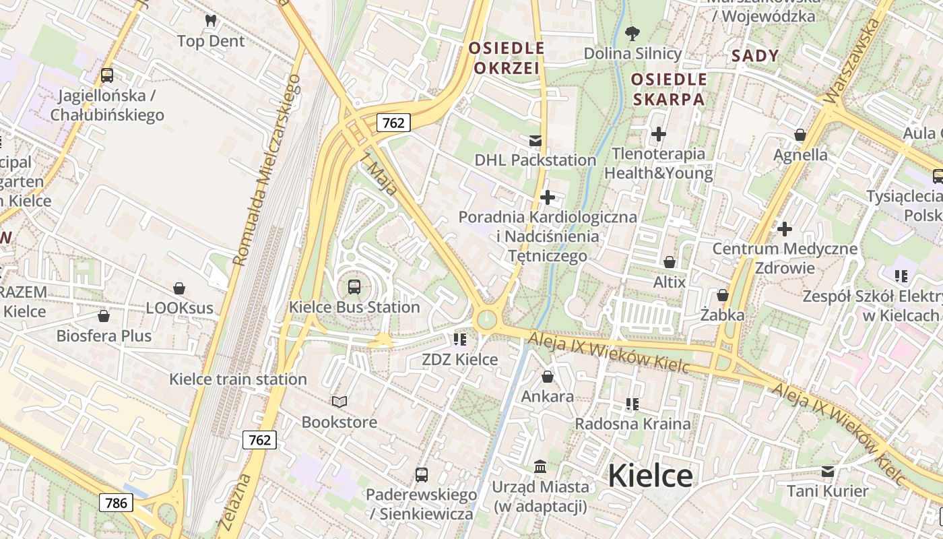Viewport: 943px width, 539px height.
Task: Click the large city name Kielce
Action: (650, 476)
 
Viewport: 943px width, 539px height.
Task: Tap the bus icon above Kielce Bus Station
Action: (354, 287)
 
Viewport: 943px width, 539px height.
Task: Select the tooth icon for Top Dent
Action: (211, 21)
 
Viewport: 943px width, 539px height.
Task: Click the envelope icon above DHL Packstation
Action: (535, 141)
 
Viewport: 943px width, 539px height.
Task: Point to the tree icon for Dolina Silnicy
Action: (632, 32)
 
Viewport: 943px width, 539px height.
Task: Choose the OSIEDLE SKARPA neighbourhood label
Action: (668, 90)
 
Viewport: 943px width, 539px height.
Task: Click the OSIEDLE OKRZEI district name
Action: (507, 58)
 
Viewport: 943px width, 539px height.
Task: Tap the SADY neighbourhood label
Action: (755, 56)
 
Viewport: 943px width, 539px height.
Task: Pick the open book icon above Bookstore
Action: (339, 402)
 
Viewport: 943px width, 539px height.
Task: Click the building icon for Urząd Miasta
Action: (540, 466)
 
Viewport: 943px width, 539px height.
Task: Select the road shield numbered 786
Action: (116, 502)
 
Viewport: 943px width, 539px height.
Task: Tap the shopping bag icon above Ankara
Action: (548, 377)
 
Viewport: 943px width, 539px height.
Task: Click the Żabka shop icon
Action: (723, 295)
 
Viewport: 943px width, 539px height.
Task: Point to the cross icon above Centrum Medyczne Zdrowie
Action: (785, 229)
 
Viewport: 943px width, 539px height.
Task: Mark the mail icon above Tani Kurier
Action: (827, 471)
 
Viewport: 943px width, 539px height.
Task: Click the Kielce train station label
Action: (238, 379)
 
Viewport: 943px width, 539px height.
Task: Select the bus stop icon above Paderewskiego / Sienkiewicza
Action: (422, 475)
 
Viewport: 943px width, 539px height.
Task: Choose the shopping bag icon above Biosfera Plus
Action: (104, 315)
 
